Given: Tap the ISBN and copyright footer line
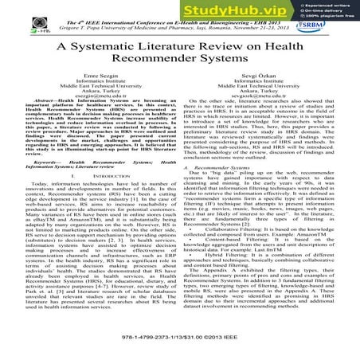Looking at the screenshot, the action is (179, 346).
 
